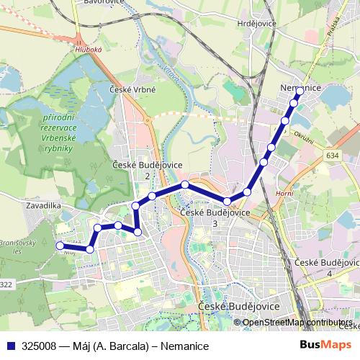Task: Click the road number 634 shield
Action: [x=331, y=156]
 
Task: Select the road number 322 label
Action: [x=6, y=285]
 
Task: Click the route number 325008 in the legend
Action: [x=40, y=346]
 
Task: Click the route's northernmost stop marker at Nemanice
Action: [x=300, y=91]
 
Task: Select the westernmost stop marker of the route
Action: [x=60, y=246]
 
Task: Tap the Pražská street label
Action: [x=332, y=33]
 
